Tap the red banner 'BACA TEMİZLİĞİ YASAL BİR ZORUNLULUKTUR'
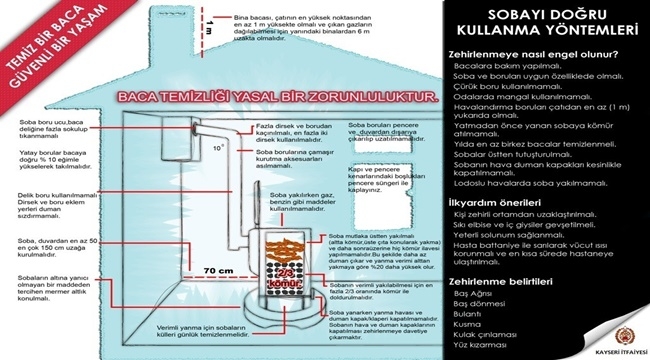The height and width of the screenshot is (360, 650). [x=276, y=101]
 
